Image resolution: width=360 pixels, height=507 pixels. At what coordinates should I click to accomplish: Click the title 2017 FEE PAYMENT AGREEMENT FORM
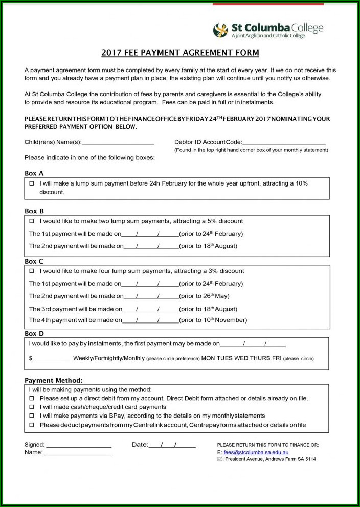[180, 53]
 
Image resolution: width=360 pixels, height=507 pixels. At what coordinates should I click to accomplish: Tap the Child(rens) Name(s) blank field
[118, 142]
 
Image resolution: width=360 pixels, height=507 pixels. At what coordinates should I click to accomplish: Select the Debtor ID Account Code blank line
[284, 142]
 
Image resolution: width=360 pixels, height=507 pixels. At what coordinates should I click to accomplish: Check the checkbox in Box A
[32, 183]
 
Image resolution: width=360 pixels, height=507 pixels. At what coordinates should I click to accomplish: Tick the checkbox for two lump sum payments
[32, 221]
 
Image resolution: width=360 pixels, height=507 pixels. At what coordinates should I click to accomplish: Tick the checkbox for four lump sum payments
[32, 271]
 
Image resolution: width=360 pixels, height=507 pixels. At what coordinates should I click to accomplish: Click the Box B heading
[34, 211]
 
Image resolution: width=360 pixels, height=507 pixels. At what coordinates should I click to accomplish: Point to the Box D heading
[34, 333]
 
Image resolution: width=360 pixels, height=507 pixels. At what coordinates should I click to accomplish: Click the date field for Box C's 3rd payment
[150, 309]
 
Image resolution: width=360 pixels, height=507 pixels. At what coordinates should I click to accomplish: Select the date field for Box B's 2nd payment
[151, 246]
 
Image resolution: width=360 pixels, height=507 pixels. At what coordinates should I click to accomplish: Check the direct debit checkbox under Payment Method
[32, 398]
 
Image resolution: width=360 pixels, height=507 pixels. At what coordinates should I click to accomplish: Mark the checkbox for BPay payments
[32, 416]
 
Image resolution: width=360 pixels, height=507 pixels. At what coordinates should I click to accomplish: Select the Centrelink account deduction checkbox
[32, 425]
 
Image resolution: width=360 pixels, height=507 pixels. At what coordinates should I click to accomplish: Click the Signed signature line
[79, 445]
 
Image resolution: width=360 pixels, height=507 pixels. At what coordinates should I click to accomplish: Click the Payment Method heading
[53, 380]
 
